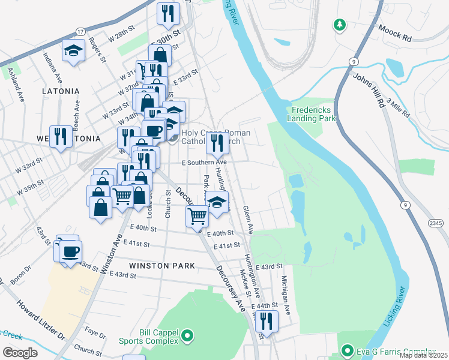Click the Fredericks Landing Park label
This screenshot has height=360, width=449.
pos(313,114)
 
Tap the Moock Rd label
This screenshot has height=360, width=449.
pos(394,32)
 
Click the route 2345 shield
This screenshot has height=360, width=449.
pos(436,223)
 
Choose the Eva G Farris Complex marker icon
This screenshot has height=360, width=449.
pos(346,351)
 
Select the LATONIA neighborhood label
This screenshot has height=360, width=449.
pos(61,91)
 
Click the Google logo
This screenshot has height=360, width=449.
pos(20,352)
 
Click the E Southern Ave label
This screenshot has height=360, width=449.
pos(205,162)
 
